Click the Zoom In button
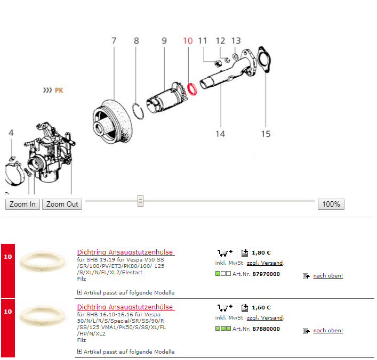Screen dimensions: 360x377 pos(22,204)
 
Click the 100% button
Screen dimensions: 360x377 pos(331,204)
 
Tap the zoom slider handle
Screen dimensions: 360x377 pos(140,201)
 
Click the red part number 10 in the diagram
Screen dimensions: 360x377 pos(188,40)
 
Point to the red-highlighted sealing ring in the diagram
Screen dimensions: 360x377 pos(192,89)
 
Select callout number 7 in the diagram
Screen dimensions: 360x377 pos(114,40)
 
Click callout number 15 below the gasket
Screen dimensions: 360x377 pos(266,134)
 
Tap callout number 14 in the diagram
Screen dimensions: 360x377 pos(220,134)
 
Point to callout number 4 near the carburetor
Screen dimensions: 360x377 pos(11,133)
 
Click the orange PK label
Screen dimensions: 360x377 pos(59,91)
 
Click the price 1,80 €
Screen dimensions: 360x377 pos(261,253)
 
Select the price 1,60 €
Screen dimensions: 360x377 pos(261,307)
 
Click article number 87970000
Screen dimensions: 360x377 pos(266,274)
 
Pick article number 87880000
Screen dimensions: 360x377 pos(266,329)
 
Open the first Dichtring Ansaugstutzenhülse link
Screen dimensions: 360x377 pos(125,252)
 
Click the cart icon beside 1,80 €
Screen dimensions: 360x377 pos(224,252)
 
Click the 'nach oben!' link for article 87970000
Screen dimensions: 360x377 pos(327,276)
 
